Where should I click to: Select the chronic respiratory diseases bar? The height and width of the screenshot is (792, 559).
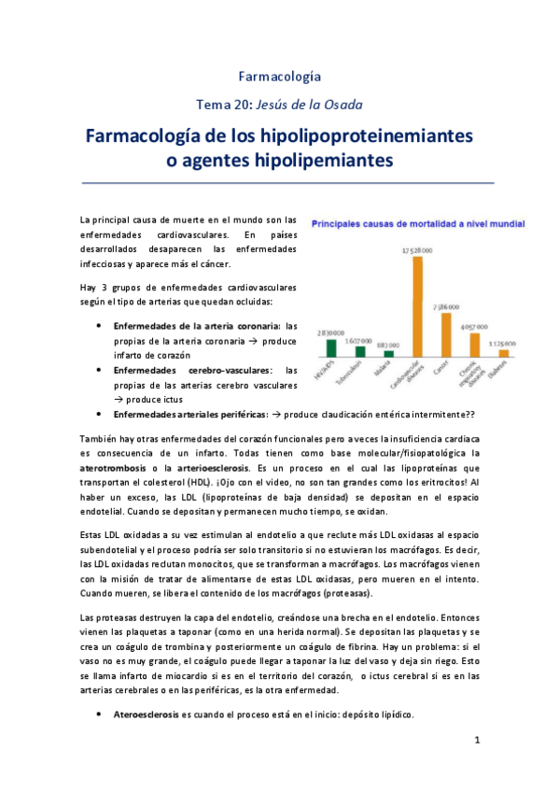(475, 345)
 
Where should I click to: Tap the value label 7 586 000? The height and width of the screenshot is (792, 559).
(446, 306)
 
